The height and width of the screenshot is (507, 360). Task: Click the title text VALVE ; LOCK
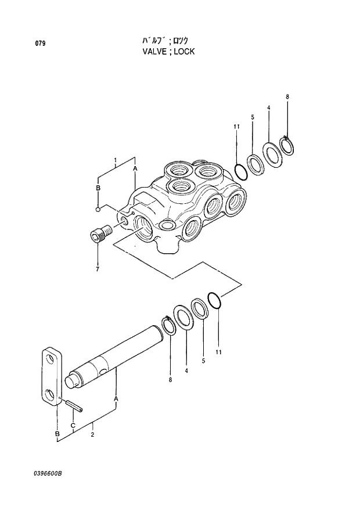point(168,52)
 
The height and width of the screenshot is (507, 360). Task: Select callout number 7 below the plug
point(97,269)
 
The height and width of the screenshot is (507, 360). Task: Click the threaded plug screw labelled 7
point(100,234)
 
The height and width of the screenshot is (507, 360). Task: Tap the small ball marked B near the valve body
point(99,209)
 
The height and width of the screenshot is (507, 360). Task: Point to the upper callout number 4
point(268,107)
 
